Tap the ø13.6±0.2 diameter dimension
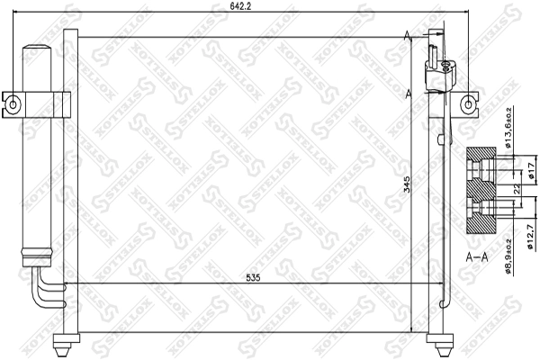pyautogui.click(x=508, y=132)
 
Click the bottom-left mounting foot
pyautogui.click(x=65, y=341)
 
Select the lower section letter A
pyautogui.click(x=409, y=93)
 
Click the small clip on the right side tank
pyautogui.click(x=437, y=140)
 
